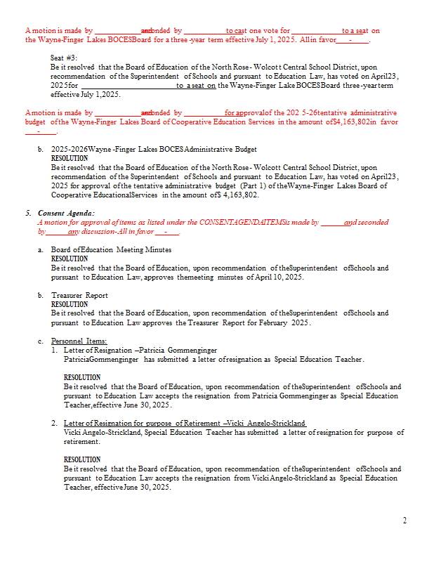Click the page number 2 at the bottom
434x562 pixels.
[404, 521]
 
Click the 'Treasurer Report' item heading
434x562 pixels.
[79, 295]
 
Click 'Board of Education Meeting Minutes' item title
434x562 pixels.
[111, 249]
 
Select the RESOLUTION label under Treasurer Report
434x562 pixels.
[70, 304]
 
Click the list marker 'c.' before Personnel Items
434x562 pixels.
[41, 341]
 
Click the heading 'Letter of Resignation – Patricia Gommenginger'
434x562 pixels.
[140, 350]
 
